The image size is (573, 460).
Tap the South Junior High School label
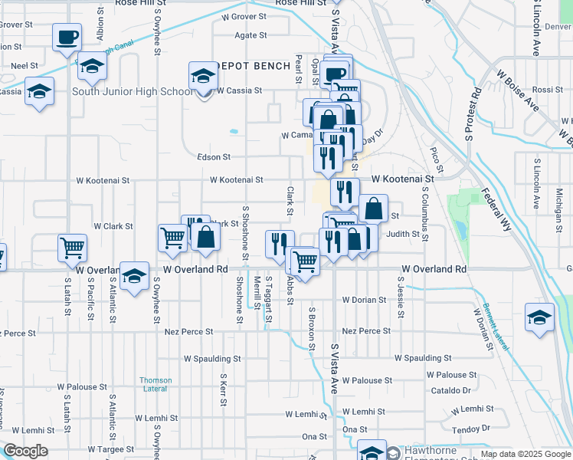[133, 92]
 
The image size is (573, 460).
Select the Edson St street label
[214, 157]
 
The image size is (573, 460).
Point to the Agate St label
[250, 35]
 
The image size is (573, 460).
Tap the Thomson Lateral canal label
[156, 384]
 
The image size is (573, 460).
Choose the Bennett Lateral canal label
[497, 327]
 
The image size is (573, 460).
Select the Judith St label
[403, 235]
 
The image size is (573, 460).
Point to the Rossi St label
[547, 90]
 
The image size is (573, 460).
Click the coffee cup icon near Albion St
[67, 36]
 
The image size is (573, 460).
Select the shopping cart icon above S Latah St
[72, 247]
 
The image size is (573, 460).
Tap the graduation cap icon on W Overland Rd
[134, 275]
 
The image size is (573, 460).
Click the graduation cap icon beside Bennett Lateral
[539, 316]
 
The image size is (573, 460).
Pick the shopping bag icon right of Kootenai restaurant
[373, 208]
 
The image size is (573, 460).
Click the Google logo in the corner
[25, 451]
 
